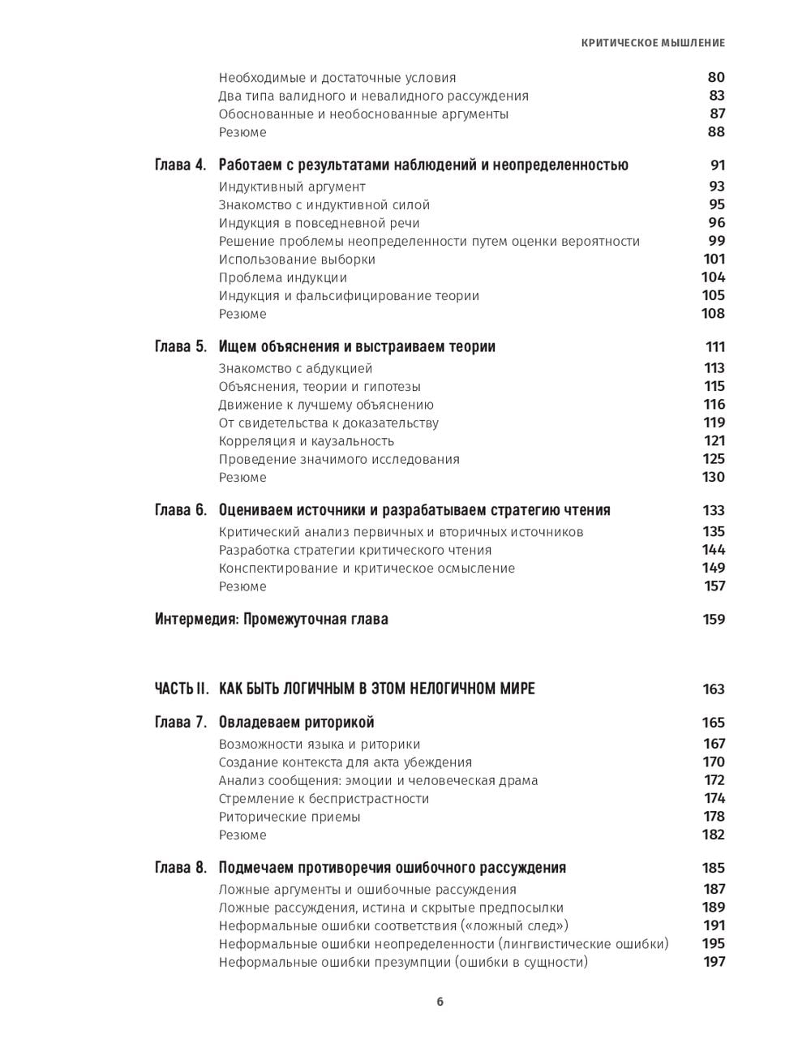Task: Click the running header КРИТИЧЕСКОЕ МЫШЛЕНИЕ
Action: (653, 42)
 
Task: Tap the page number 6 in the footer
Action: (440, 1001)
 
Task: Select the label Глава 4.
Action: (181, 165)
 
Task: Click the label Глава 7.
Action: (181, 723)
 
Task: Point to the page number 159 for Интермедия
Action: (713, 620)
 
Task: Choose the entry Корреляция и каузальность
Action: (306, 441)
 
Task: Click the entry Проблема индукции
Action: (283, 277)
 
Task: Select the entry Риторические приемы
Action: (290, 817)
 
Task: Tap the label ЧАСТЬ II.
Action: (182, 689)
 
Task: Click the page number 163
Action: (713, 689)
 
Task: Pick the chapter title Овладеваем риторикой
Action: (296, 723)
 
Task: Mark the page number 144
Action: (713, 550)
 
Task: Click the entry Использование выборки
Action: (297, 260)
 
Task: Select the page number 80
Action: (716, 78)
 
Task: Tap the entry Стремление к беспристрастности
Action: (324, 799)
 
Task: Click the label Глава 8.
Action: (181, 868)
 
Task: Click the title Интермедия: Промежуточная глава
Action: (271, 620)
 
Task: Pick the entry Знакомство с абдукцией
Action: (295, 368)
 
